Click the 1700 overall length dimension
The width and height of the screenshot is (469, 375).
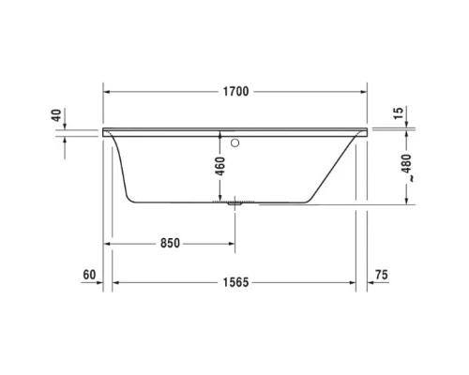[235, 92]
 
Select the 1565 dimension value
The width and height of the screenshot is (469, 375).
[234, 282]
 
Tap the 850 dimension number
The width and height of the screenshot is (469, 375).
[168, 243]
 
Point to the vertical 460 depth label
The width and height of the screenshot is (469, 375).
[220, 169]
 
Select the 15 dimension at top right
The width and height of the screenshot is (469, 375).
[398, 112]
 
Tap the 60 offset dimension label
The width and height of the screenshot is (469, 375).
[90, 275]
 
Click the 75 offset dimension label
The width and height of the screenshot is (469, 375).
[379, 275]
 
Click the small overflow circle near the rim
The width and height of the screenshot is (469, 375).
[235, 144]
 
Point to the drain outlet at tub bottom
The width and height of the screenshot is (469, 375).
[234, 200]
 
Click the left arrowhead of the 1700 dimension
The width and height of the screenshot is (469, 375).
[106, 92]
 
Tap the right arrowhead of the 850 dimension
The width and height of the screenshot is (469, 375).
[231, 243]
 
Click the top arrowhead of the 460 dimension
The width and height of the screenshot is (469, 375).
[220, 134]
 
